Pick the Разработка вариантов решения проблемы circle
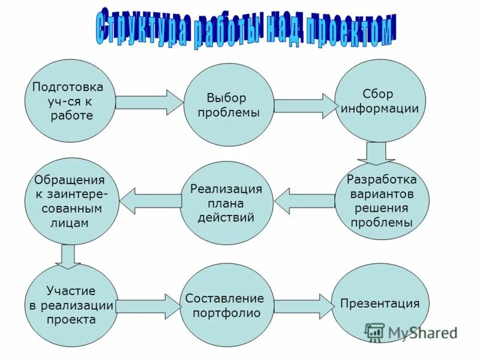pos(382,201)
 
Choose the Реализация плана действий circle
pos(226,203)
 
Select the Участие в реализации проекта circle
pos(71,305)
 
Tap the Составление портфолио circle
pos(226,305)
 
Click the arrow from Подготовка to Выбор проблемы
pos(148,103)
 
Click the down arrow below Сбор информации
pos(376,152)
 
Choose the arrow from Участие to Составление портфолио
pos(148,305)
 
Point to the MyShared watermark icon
pos(375,332)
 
